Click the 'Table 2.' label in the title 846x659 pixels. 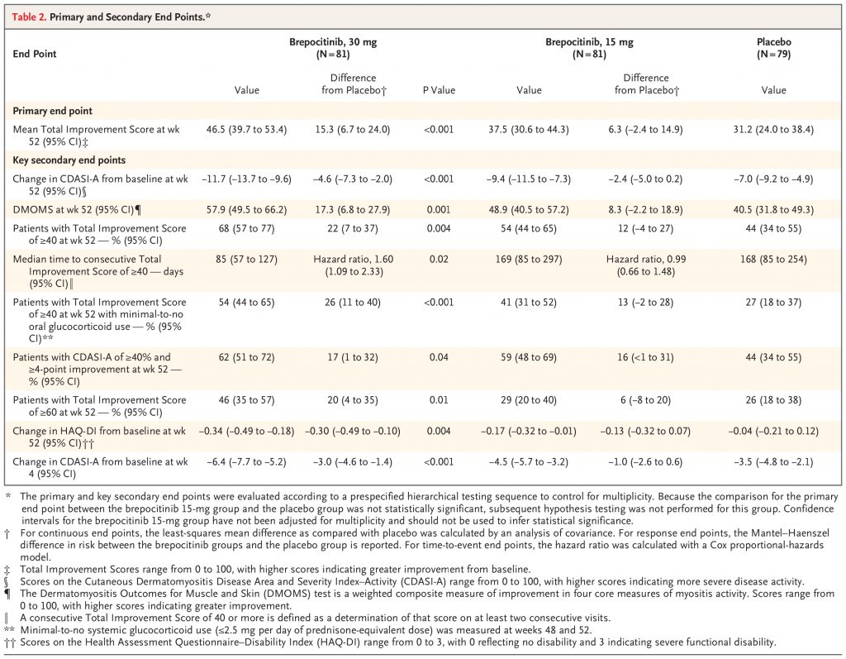(29, 17)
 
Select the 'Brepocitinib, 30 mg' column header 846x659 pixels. (333, 41)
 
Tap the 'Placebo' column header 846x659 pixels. (773, 41)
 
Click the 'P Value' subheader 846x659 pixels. (439, 90)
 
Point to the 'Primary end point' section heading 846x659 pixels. (52, 111)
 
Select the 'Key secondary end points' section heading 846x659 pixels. (69, 160)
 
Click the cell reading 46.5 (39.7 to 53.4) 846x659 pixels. (246, 130)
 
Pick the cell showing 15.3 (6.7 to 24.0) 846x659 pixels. (353, 130)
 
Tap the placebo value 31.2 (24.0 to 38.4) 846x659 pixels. (773, 130)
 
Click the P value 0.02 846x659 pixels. (439, 260)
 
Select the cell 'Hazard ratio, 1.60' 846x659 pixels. (354, 260)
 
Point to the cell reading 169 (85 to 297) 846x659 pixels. (529, 260)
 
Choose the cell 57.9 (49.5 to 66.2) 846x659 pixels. (246, 209)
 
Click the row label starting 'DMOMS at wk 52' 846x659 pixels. (77, 209)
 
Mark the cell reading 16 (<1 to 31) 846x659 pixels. (645, 357)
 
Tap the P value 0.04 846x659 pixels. (439, 357)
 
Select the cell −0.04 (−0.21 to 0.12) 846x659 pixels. (773, 431)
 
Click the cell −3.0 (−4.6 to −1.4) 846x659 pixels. (353, 462)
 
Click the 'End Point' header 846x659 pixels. (35, 54)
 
